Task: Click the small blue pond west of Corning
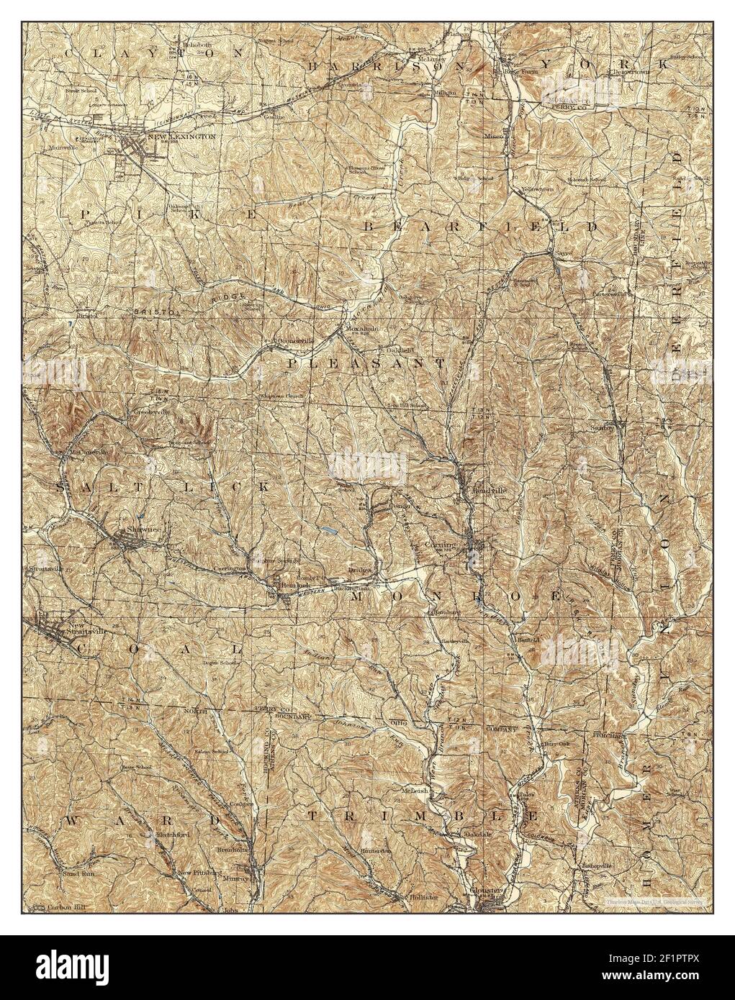[x=330, y=532]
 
